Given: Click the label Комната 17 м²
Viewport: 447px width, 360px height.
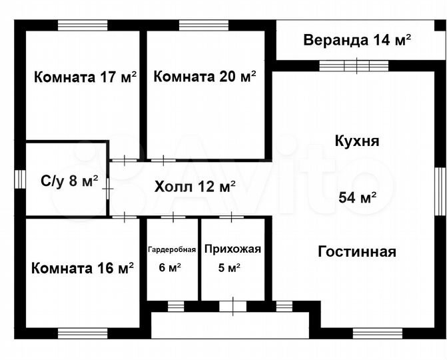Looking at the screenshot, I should pyautogui.click(x=85, y=77).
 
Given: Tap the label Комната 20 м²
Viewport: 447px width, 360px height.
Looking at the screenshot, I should pyautogui.click(x=205, y=77).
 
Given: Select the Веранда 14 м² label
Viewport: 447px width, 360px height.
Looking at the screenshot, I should pyautogui.click(x=357, y=39).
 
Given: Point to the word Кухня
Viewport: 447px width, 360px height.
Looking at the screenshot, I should pyautogui.click(x=357, y=141).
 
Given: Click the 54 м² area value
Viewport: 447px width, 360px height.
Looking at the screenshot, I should pyautogui.click(x=358, y=197).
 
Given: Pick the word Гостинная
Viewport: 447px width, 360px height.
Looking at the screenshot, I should pyautogui.click(x=357, y=252).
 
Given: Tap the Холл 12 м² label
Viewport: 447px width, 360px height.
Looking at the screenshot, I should pyautogui.click(x=195, y=187).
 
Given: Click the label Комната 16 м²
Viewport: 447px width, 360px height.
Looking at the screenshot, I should pyautogui.click(x=83, y=269).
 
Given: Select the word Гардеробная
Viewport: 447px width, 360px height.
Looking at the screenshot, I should pyautogui.click(x=172, y=250).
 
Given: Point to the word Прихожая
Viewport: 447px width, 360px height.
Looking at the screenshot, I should pyautogui.click(x=232, y=250).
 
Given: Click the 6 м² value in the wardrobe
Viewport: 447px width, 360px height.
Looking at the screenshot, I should pyautogui.click(x=171, y=268).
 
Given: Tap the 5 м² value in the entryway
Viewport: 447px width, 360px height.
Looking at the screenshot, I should pyautogui.click(x=229, y=268).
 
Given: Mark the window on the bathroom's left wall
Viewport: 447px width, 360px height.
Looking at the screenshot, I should pyautogui.click(x=20, y=180).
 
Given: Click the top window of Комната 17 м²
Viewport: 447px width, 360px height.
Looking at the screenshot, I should pyautogui.click(x=83, y=25).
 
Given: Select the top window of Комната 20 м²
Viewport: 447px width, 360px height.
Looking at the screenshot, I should pyautogui.click(x=204, y=25).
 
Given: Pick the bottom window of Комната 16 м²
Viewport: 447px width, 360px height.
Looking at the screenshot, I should pyautogui.click(x=83, y=332).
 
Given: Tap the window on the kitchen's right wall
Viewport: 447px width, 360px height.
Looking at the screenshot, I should pyautogui.click(x=441, y=190).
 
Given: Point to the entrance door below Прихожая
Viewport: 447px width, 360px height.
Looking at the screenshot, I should pyautogui.click(x=232, y=306).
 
